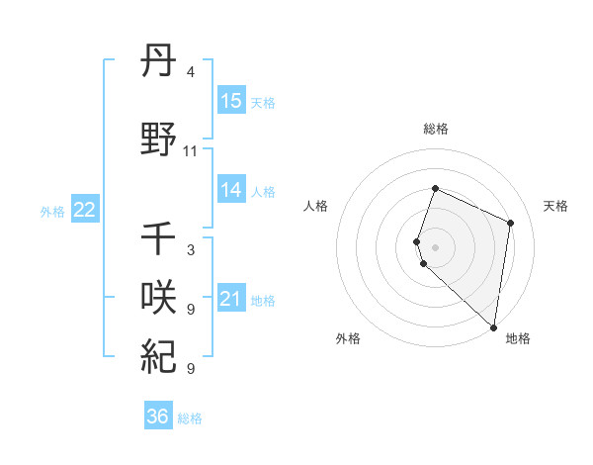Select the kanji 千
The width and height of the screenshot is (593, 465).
pos(159,238)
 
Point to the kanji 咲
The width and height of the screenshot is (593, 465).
pos(159,298)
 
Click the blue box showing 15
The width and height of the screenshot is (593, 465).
pos(231,100)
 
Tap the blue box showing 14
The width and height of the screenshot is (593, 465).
pos(231,190)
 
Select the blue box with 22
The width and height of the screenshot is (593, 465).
pos(84,210)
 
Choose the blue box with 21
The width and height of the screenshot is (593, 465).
pos(231,299)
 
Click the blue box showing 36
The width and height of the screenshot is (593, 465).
pos(158,417)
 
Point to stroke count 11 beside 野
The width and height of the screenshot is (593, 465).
pos(191,151)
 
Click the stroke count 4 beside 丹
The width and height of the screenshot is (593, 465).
pos(191,72)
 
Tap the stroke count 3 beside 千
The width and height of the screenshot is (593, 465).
pos(191,250)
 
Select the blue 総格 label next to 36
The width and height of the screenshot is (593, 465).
pos(190,418)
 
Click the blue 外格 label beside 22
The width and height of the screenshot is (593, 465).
pos(52,211)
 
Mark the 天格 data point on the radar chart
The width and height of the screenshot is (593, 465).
pos(511,223)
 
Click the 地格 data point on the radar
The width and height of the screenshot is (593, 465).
pos(493,327)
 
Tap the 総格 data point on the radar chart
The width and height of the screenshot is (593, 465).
pos(435,188)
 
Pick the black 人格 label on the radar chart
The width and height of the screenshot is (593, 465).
pos(316,206)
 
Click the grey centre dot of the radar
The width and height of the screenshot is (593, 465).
pos(435,246)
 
